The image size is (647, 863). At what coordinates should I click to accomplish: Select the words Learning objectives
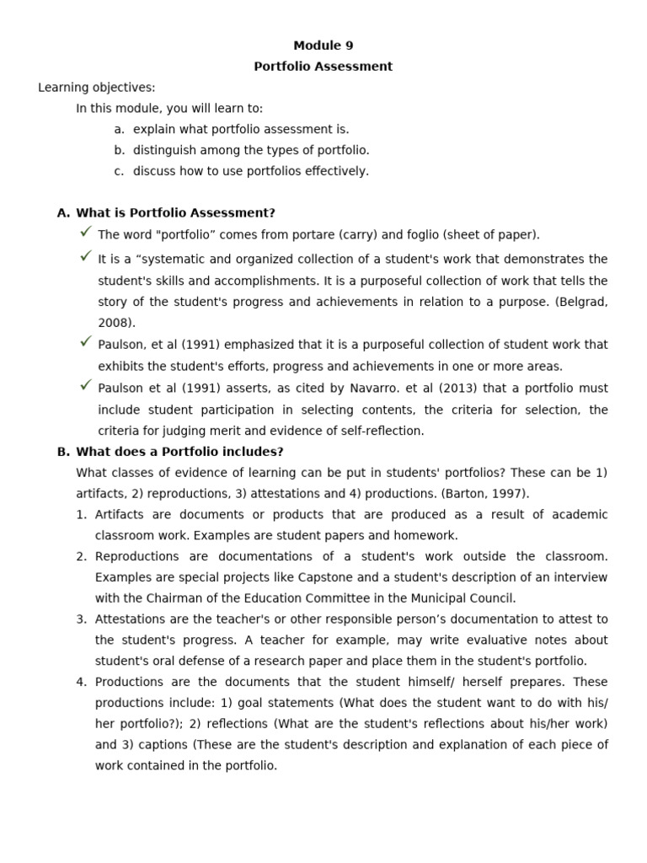tap(96, 88)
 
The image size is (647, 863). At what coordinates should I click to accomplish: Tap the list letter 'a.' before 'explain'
tap(119, 129)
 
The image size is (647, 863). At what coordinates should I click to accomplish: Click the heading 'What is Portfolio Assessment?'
tap(175, 213)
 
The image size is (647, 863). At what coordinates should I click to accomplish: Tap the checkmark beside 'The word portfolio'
tap(85, 232)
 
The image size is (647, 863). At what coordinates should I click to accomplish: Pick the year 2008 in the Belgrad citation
tap(114, 323)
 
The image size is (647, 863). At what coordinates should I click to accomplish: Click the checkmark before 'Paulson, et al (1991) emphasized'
tap(85, 341)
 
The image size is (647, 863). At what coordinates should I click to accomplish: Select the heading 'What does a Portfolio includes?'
tap(179, 452)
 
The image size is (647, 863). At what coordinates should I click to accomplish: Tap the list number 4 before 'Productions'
tap(81, 682)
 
